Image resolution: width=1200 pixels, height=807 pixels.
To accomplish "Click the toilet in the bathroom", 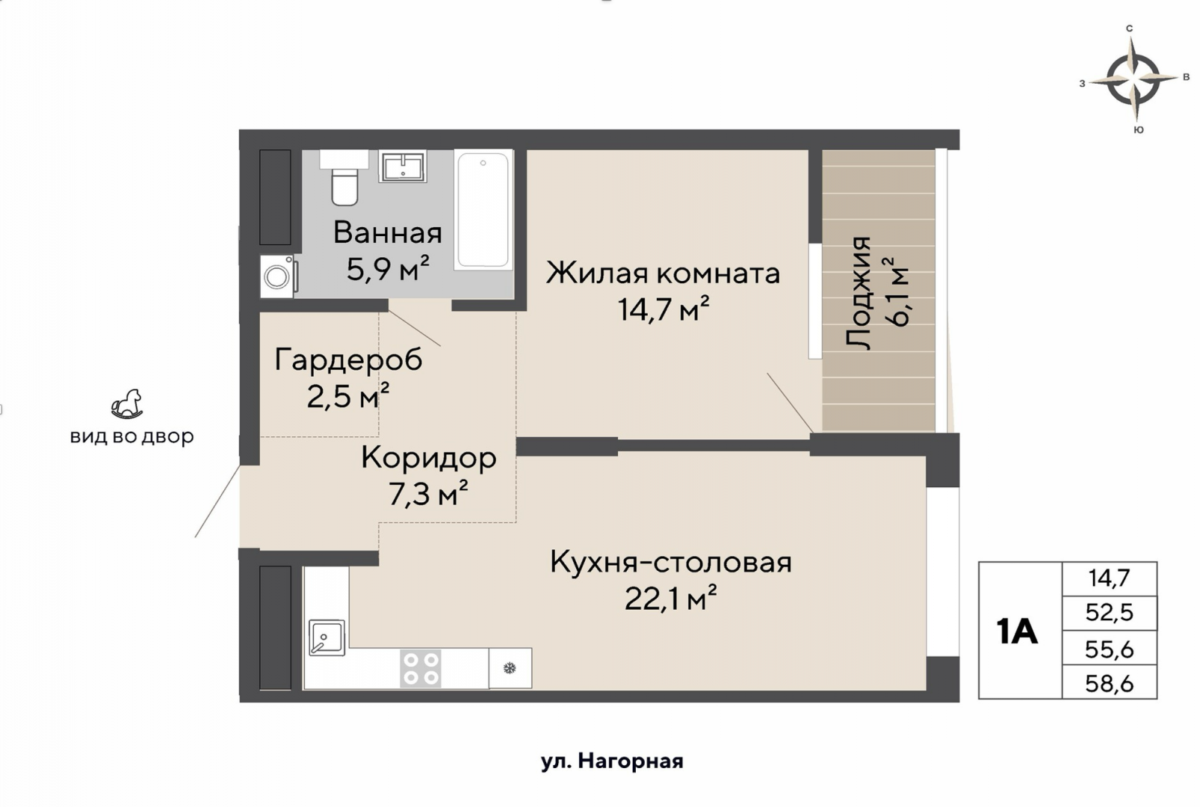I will [x=344, y=184].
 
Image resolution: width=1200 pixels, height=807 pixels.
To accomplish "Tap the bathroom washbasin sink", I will [x=403, y=166].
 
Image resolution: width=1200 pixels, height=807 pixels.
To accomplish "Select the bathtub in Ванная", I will [x=483, y=209].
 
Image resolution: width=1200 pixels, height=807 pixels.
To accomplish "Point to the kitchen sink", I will [x=327, y=637].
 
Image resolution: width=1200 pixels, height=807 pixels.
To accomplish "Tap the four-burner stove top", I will [x=420, y=668].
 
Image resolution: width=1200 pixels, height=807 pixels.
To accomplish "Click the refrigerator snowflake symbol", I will [x=510, y=668].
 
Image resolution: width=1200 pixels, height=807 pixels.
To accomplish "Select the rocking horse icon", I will [x=127, y=403].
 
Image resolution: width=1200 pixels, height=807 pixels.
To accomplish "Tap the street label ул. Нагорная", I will [x=612, y=761].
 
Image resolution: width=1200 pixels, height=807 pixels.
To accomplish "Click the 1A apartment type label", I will [x=1017, y=631].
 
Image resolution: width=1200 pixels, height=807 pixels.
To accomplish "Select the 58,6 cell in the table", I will [x=1109, y=683].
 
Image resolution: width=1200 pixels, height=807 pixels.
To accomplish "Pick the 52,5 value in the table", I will [x=1109, y=613].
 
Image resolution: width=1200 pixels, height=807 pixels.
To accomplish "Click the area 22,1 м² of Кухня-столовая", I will [x=670, y=598].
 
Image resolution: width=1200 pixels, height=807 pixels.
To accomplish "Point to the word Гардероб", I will [x=348, y=359].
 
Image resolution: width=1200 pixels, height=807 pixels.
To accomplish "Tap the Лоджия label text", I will [x=859, y=292].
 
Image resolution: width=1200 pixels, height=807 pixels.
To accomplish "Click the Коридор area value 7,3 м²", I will [x=427, y=493].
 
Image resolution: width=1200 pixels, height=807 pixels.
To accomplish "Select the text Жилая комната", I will [x=663, y=273].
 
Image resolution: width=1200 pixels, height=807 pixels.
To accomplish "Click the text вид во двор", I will [x=132, y=436].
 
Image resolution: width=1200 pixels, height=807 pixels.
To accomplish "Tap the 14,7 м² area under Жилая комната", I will [x=663, y=309].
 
